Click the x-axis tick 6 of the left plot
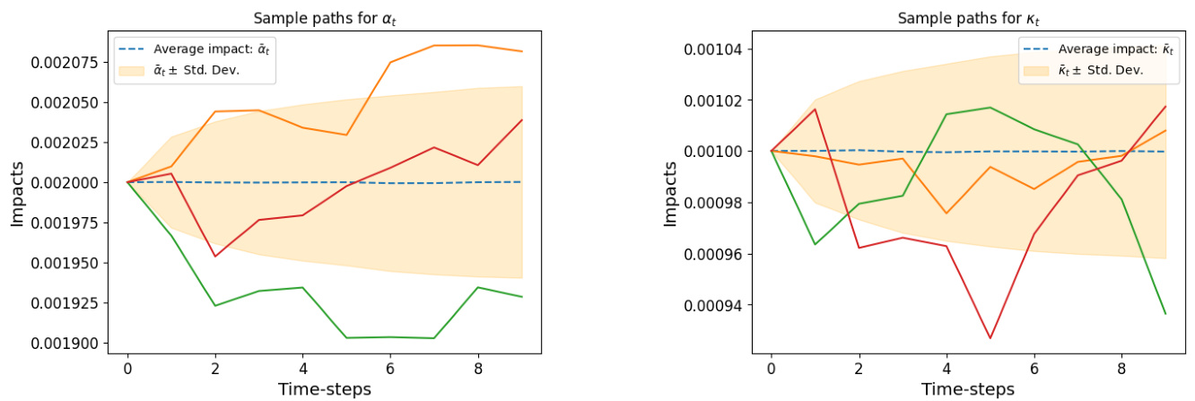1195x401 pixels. click(x=390, y=368)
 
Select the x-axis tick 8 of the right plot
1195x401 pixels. click(x=1121, y=368)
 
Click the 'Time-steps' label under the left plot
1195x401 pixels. click(x=325, y=388)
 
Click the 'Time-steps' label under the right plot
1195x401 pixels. click(x=968, y=388)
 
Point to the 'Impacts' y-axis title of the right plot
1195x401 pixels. click(x=670, y=194)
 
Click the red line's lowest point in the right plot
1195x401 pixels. click(x=990, y=338)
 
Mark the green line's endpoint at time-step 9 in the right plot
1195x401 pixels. click(x=1165, y=314)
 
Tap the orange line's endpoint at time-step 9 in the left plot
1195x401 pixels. click(x=522, y=51)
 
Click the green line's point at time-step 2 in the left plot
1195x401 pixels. click(x=215, y=306)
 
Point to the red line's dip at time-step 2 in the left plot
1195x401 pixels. click(x=215, y=257)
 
